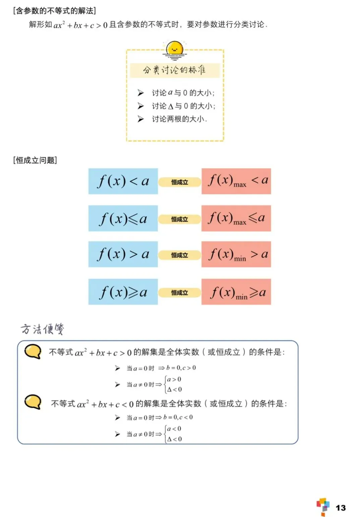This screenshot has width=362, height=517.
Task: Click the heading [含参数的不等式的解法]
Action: coord(55,11)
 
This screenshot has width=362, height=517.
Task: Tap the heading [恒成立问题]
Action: coord(35,160)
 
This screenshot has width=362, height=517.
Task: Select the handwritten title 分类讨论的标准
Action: coord(174,70)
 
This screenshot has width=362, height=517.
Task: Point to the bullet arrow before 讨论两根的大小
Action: coord(141,119)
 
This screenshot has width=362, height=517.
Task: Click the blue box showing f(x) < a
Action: coord(123,181)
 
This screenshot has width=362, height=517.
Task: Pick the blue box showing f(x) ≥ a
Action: coord(123,292)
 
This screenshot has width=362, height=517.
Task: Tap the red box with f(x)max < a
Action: coord(236,181)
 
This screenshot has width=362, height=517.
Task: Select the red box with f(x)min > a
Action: coord(236,254)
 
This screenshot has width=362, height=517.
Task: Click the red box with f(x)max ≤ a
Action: coord(236,218)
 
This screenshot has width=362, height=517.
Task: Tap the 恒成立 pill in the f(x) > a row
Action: coord(180,255)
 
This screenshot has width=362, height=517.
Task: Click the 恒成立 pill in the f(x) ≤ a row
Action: coord(180,219)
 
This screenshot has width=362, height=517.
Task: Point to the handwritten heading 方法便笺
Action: coord(42,329)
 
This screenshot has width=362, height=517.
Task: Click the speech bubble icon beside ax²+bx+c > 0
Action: coord(33,351)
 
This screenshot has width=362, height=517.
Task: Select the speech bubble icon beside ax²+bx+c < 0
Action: coord(33,402)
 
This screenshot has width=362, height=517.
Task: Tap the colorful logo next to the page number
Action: coord(323,507)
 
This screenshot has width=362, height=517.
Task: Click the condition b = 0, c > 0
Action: coord(181,368)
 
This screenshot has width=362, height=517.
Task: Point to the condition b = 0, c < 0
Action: coord(178,417)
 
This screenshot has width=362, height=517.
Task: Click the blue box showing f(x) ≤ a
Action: coord(123,218)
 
